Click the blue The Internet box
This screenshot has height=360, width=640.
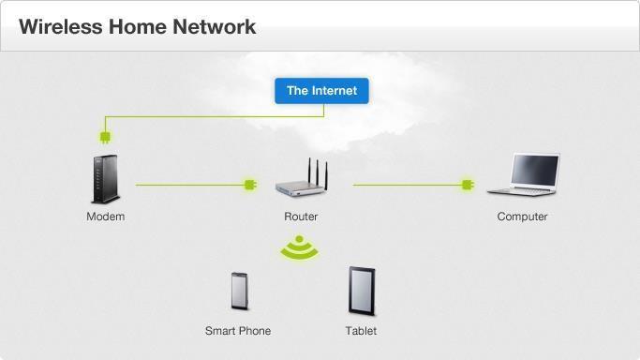point(321,91)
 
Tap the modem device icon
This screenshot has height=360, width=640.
point(106,179)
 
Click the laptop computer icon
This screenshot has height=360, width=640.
point(524,174)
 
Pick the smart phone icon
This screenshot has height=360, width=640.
point(239,291)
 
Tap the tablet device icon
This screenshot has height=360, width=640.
point(362,291)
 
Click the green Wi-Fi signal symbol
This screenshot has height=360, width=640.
point(299,247)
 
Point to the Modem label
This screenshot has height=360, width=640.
point(106,217)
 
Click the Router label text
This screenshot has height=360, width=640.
point(301,217)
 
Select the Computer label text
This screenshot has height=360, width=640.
point(523,217)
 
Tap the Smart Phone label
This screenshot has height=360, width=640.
point(238,331)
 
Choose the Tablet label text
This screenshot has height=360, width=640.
point(361,331)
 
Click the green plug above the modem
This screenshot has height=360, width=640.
point(105,137)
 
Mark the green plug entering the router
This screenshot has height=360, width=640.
point(250,185)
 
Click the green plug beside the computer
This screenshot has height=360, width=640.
point(468,185)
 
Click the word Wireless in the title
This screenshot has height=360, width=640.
point(60,27)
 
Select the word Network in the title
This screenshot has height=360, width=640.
point(215,27)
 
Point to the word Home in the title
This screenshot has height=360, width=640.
point(138,27)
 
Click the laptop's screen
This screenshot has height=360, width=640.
point(535,171)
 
